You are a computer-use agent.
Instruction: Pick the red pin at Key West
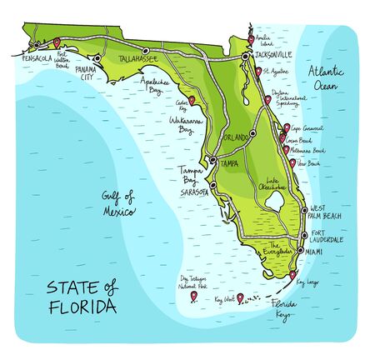pyautogui.click(x=240, y=297)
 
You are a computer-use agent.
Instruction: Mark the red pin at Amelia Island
pyautogui.click(x=252, y=37)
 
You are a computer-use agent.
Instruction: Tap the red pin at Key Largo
pyautogui.click(x=292, y=275)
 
